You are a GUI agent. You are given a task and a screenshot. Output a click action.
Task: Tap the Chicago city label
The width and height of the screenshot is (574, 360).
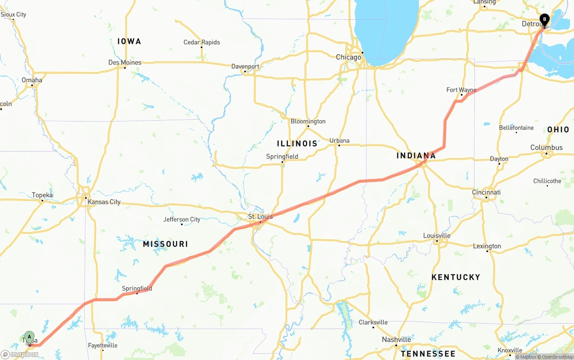pos(348,57)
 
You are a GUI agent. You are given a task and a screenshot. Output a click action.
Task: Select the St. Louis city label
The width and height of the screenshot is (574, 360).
pos(260,217)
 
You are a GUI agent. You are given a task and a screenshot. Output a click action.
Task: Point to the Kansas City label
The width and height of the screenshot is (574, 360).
pos(104,202)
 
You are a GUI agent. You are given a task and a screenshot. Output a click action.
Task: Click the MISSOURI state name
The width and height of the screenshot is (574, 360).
pos(165,244)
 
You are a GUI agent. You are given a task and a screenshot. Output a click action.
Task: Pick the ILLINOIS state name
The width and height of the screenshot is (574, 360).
pos(297,143)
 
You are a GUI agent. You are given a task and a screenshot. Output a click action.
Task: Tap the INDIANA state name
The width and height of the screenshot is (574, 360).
pos(416,156)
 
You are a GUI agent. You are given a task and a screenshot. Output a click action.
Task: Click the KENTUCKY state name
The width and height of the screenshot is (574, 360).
pos(456,277)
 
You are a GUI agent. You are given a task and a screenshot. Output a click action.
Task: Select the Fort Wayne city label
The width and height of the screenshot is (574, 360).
pos(461,90)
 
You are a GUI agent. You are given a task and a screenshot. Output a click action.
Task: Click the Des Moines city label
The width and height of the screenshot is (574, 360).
pos(125,62)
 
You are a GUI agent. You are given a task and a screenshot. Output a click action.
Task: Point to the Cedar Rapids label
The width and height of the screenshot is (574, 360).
pos(202,42)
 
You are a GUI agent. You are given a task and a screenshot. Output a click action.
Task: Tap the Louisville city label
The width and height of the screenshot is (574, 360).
pos(437,235)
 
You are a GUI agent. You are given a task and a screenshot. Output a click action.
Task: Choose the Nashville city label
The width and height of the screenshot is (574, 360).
pos(396,339)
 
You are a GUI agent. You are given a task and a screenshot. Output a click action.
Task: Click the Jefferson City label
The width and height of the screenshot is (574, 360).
pos(182,219)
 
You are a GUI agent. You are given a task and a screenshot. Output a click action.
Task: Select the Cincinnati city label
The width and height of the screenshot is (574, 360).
pos(486,192)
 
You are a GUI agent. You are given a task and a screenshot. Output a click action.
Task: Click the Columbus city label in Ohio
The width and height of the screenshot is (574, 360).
pos(546,147)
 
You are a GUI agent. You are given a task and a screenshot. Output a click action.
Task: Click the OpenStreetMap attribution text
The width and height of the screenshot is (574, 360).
pos(557,357)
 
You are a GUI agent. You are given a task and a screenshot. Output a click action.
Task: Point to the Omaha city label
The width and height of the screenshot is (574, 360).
pos(32,80)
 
